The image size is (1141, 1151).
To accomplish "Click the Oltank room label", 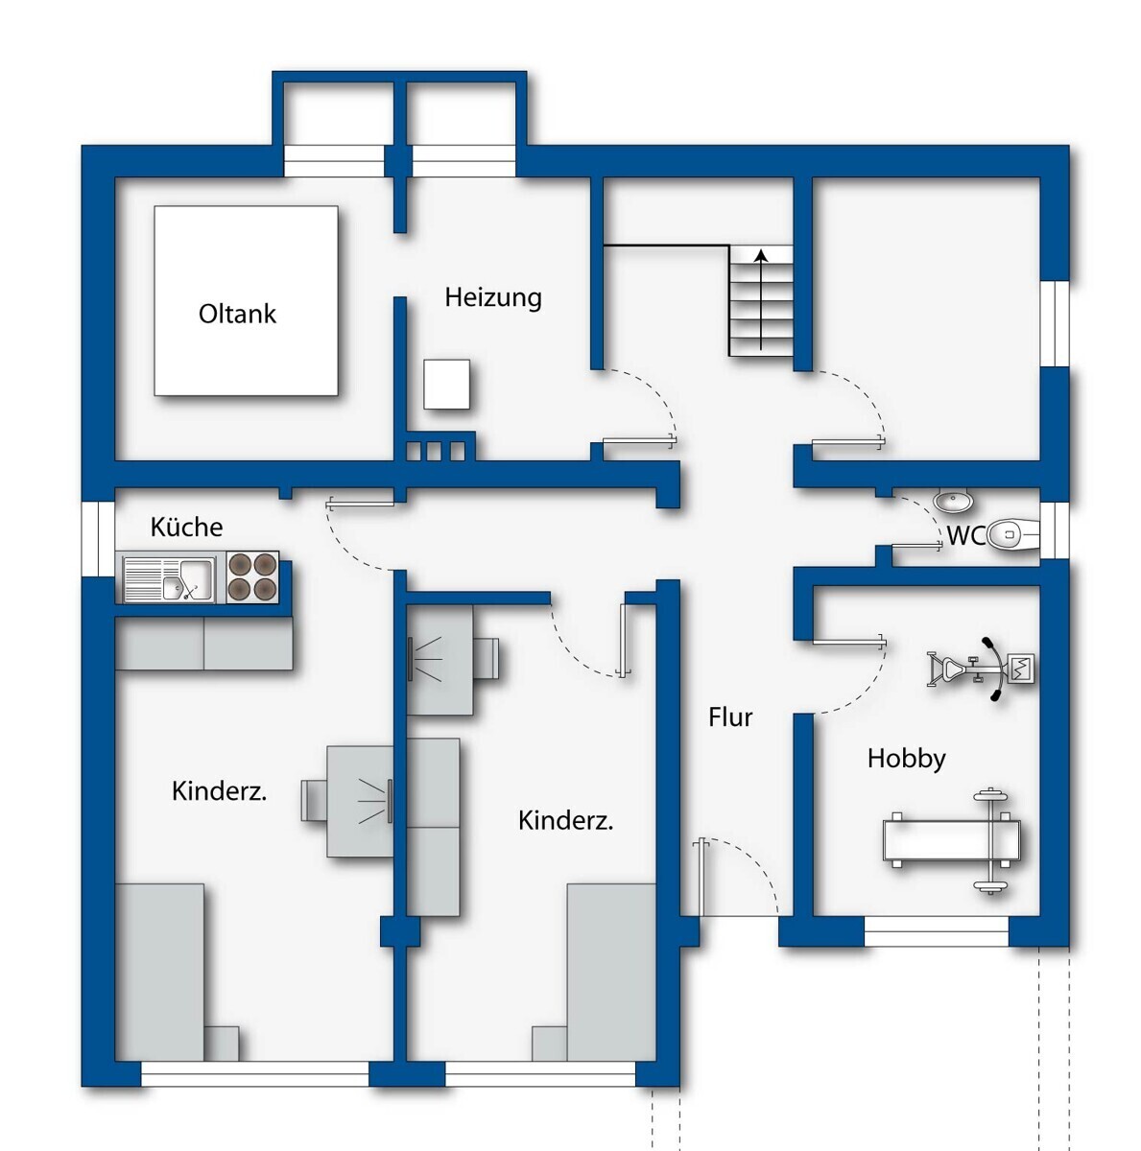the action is pyautogui.click(x=237, y=315).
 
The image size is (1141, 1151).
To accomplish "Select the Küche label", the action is pyautogui.click(x=186, y=527).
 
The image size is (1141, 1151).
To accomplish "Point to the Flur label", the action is pyautogui.click(x=729, y=716).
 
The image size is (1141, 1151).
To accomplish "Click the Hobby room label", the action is pyautogui.click(x=906, y=759).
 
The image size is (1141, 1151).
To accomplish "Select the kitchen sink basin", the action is pyautogui.click(x=187, y=580).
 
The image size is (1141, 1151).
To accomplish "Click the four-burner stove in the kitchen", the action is pyautogui.click(x=252, y=577).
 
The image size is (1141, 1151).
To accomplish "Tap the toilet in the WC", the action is pyautogui.click(x=1013, y=534).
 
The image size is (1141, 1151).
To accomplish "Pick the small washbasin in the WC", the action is pyautogui.click(x=953, y=501).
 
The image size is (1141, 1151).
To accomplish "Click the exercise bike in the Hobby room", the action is pyautogui.click(x=981, y=669).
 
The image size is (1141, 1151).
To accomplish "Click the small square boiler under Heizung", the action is pyautogui.click(x=446, y=384).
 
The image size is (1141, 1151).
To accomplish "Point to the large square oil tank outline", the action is pyautogui.click(x=247, y=300).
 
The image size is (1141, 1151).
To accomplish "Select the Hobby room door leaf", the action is pyautogui.click(x=848, y=642).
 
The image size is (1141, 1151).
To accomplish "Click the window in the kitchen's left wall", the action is pyautogui.click(x=98, y=539).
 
